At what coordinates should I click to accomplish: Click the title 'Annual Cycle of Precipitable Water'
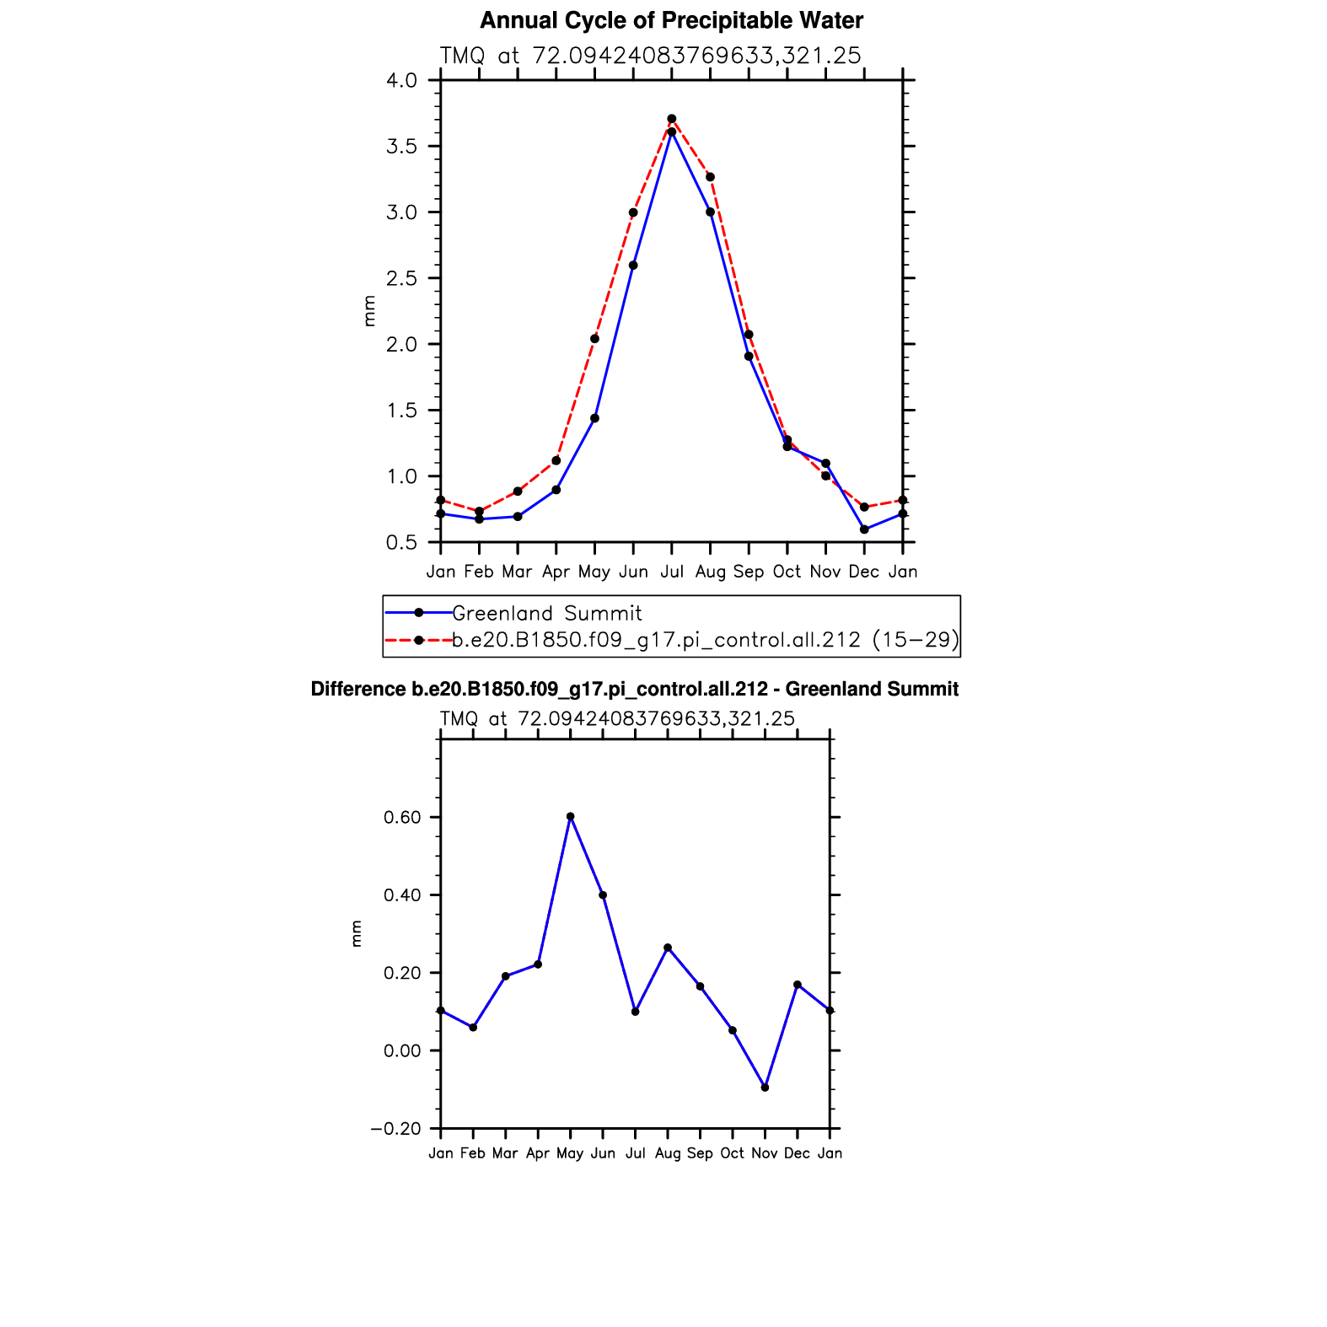pyautogui.click(x=671, y=20)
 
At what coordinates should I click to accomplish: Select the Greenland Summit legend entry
pyautogui.click(x=546, y=613)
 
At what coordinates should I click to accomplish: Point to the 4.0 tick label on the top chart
pyautogui.click(x=401, y=81)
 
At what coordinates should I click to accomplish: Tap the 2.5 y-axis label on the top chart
pyautogui.click(x=401, y=278)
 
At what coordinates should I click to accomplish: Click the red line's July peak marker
pyautogui.click(x=672, y=119)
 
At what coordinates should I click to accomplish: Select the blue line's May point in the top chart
pyautogui.click(x=594, y=418)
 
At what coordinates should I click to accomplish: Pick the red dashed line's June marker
pyautogui.click(x=633, y=212)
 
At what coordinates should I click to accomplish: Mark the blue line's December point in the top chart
pyautogui.click(x=864, y=529)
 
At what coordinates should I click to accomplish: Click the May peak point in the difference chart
pyautogui.click(x=571, y=816)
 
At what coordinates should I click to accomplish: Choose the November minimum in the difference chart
pyautogui.click(x=765, y=1088)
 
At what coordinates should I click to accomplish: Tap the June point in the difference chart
pyautogui.click(x=603, y=895)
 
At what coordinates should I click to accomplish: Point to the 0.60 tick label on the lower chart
pyautogui.click(x=401, y=818)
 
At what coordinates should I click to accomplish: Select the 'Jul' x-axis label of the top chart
pyautogui.click(x=672, y=572)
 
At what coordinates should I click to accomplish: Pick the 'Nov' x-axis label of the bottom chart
pyautogui.click(x=765, y=1153)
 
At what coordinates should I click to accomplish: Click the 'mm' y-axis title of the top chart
pyautogui.click(x=368, y=311)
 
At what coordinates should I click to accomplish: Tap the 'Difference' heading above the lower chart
pyautogui.click(x=634, y=690)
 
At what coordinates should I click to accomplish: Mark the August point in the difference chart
pyautogui.click(x=668, y=948)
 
